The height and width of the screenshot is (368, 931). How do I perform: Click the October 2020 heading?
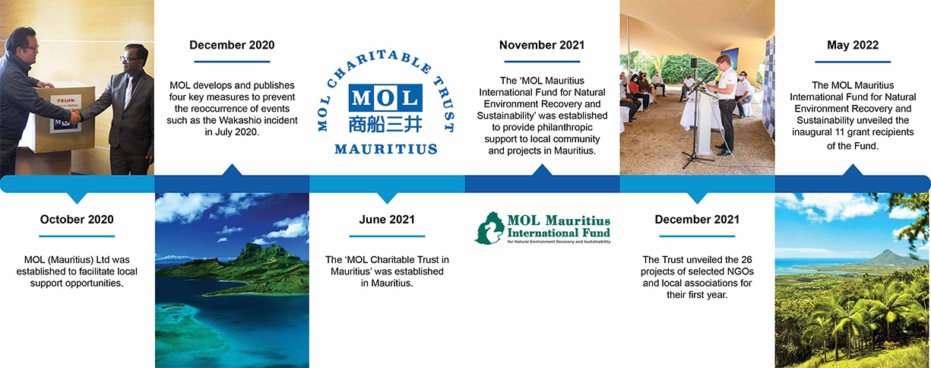[77, 220]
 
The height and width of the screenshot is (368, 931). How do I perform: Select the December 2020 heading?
[232, 45]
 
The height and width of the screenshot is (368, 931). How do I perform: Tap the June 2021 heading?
[387, 220]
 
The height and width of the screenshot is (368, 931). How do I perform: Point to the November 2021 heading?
[542, 45]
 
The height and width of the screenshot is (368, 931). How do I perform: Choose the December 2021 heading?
[697, 220]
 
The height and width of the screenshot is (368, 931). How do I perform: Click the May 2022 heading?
[853, 45]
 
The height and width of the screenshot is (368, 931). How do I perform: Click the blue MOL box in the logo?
[385, 98]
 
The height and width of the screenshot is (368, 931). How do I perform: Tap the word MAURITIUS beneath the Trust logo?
[386, 149]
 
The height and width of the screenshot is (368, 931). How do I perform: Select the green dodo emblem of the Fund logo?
[489, 228]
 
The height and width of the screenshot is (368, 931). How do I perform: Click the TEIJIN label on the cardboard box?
[66, 100]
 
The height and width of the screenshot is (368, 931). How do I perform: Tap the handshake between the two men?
[76, 116]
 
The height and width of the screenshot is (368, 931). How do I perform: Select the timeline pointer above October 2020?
[77, 198]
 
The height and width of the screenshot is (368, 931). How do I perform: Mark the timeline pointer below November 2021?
[542, 170]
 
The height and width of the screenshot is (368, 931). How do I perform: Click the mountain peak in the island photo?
[252, 246]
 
